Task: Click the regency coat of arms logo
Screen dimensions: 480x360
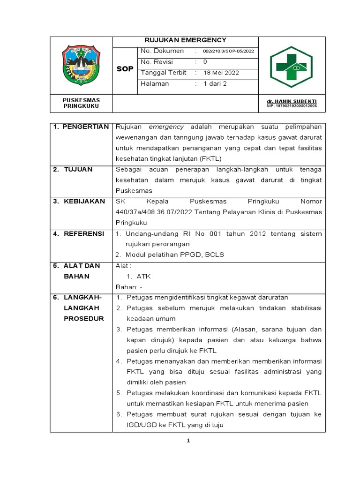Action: [x=81, y=66]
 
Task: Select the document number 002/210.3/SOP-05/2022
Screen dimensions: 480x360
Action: [x=228, y=51]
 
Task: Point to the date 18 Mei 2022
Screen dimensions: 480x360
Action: [x=221, y=73]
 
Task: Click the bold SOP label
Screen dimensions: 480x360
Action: [x=125, y=69]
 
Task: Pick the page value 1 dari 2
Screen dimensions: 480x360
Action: [x=215, y=84]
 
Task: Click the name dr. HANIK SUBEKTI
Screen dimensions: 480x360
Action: [x=292, y=101]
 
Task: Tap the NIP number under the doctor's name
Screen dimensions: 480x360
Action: [x=292, y=106]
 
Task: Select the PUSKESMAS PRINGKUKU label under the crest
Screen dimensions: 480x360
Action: [x=81, y=103]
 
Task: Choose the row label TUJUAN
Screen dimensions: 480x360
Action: [x=78, y=169]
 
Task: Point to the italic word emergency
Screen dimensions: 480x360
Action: [x=166, y=127]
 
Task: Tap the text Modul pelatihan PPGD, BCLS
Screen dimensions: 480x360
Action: [x=174, y=255]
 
